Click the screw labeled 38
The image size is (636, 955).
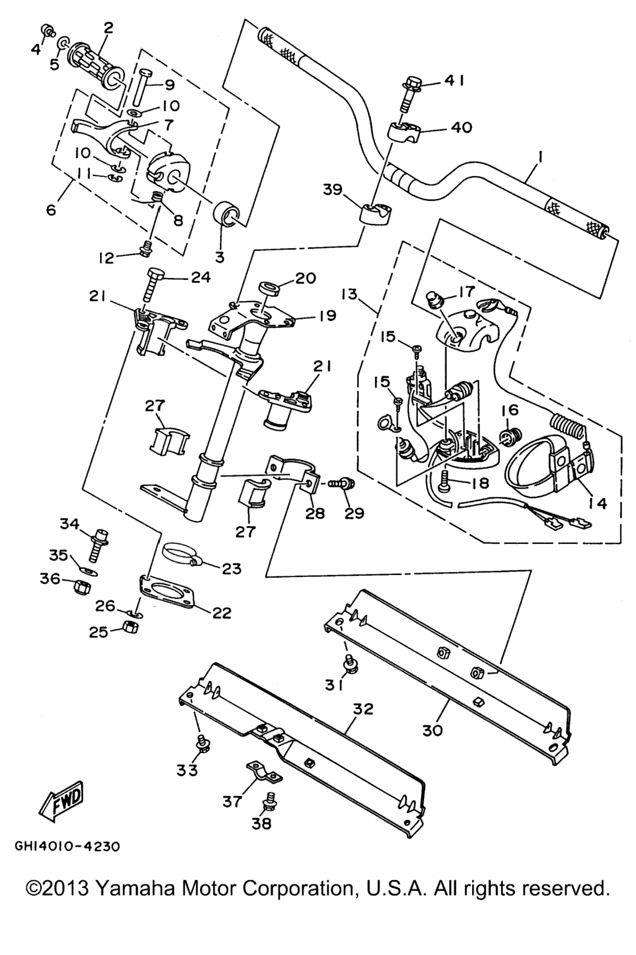(x=270, y=800)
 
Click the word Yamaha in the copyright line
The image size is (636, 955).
(x=137, y=888)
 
